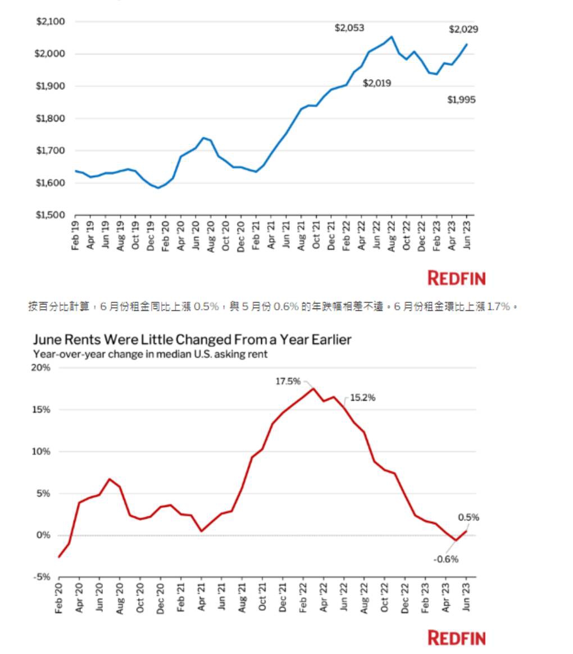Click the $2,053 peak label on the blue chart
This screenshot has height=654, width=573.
click(349, 28)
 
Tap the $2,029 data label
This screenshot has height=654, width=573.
click(463, 29)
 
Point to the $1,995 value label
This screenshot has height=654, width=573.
click(461, 100)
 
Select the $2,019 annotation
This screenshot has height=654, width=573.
click(377, 83)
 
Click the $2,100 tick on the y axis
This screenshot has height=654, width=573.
click(51, 21)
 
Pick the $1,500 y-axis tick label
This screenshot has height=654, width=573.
click(51, 215)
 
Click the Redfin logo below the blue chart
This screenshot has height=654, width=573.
click(456, 278)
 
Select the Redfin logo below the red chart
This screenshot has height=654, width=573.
click(456, 638)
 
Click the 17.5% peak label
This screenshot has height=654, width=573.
click(288, 381)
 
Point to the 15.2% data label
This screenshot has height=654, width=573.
click(362, 398)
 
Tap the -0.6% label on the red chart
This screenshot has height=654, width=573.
click(446, 559)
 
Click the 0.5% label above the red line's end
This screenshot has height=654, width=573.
click(469, 517)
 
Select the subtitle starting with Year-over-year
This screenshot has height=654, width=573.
click(150, 354)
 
